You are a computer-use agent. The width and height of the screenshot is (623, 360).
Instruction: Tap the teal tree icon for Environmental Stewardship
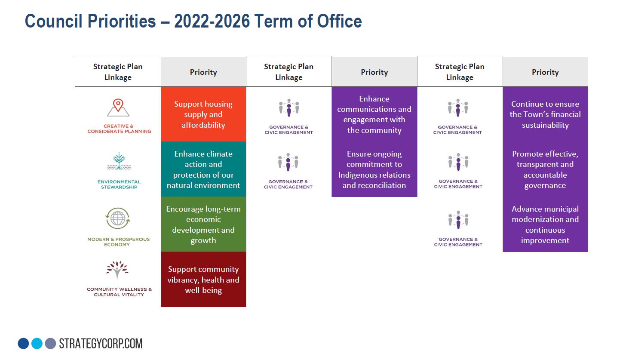(119, 161)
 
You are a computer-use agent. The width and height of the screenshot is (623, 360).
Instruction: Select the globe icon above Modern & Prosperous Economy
(118, 218)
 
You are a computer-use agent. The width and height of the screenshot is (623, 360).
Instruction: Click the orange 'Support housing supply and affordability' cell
(203, 114)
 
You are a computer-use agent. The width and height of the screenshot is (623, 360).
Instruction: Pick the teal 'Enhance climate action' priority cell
(203, 169)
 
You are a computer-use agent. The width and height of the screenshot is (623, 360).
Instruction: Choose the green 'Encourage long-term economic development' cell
(203, 224)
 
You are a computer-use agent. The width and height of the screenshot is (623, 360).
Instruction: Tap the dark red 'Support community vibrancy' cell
(203, 279)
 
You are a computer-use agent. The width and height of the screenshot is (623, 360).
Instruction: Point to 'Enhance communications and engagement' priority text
(374, 114)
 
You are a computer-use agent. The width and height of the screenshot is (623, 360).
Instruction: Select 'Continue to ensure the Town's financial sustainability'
(545, 114)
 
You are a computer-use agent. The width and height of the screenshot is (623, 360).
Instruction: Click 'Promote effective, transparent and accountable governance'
(545, 169)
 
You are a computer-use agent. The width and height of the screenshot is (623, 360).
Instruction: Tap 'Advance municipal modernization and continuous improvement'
(545, 225)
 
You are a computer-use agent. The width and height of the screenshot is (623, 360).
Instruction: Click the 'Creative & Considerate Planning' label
(120, 129)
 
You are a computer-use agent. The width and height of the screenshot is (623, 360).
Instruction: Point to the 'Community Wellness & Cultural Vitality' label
(119, 292)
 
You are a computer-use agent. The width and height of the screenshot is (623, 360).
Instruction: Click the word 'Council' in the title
(53, 21)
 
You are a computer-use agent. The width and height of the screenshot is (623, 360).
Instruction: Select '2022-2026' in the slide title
(212, 21)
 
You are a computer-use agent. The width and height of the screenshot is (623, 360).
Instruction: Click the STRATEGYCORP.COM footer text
(101, 343)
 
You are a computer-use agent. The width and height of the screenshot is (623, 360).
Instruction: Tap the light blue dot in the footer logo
(37, 343)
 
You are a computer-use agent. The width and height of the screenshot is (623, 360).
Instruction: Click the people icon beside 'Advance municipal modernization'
(458, 220)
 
